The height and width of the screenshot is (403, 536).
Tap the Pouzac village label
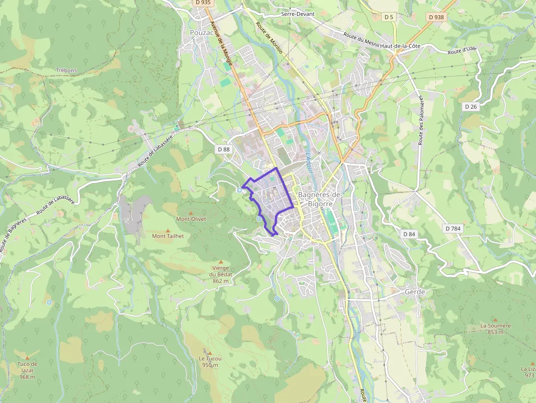(201, 33)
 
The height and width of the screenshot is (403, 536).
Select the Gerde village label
(415, 292)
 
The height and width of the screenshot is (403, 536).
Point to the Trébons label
(66, 71)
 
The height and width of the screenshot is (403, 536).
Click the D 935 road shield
(202, 3)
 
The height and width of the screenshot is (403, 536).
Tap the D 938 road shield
(436, 17)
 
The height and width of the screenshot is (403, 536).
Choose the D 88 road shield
(223, 149)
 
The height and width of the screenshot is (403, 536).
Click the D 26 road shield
(471, 107)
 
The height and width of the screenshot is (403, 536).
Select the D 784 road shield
(453, 228)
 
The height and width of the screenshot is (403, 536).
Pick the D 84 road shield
(409, 234)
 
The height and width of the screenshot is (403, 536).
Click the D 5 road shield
(388, 17)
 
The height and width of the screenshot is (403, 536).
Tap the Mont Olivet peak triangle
(191, 213)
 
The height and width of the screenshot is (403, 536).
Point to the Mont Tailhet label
(168, 236)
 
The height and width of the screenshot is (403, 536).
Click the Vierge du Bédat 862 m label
(220, 274)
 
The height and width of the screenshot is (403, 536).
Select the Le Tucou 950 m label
(210, 361)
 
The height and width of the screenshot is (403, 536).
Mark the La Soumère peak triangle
(496, 319)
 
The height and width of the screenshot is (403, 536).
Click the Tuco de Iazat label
(27, 370)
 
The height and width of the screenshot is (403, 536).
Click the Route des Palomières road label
(422, 120)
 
